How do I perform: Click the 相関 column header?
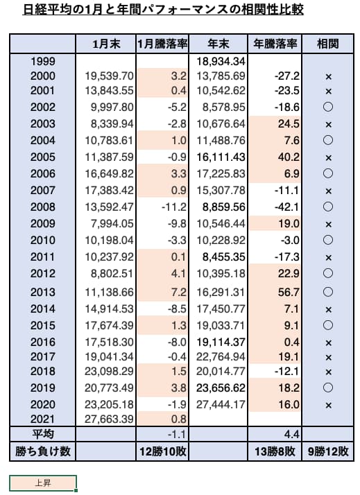[328, 44]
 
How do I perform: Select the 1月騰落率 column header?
[162, 44]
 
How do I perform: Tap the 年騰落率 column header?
[275, 44]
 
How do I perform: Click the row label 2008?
[42, 207]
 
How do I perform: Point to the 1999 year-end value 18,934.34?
[221, 61]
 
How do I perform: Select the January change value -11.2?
[174, 207]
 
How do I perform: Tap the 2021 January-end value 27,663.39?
[109, 419]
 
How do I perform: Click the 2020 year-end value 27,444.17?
[221, 404]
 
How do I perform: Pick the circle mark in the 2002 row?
[328, 107]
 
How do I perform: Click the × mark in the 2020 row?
[328, 405]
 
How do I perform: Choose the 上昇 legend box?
[43, 483]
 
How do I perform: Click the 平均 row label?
[42, 434]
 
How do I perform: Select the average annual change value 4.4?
[291, 435]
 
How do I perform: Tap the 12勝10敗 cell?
[162, 451]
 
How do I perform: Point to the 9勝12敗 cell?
[328, 451]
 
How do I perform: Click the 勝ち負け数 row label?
[42, 451]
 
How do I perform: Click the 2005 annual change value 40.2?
[289, 157]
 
